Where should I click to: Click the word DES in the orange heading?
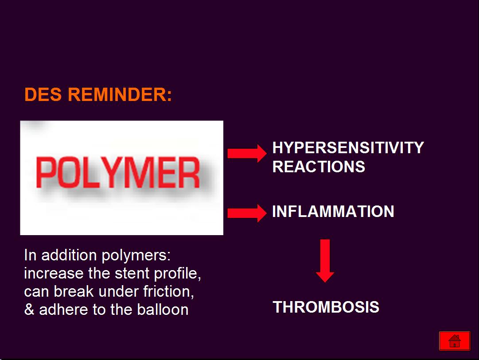tap(43, 94)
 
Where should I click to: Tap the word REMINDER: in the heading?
tap(120, 94)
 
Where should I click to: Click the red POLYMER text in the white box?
tap(118, 172)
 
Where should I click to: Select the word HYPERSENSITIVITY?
tap(348, 148)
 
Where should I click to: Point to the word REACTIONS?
tap(319, 167)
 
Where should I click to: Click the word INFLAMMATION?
tap(333, 211)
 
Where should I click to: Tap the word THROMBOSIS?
tap(326, 307)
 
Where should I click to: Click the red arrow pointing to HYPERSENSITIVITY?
tap(247, 153)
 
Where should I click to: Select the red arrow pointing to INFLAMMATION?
tap(247, 213)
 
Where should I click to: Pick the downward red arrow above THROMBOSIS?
tap(325, 261)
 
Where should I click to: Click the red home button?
tap(455, 341)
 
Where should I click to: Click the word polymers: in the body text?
tap(136, 255)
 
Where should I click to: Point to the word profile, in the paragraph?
tap(178, 274)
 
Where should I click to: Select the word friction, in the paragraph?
tap(169, 291)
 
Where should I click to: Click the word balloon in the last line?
tap(163, 310)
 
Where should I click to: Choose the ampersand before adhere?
tap(29, 310)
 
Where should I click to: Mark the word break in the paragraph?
tap(74, 291)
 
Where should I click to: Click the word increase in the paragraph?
tap(54, 273)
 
